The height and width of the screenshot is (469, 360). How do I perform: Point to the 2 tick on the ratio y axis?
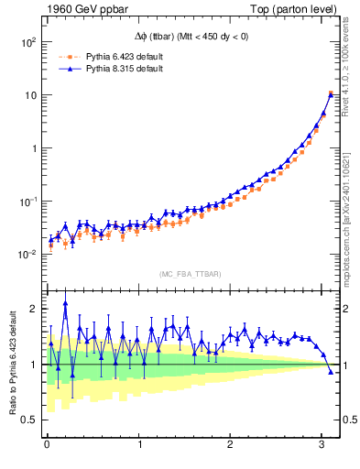pyautogui.click(x=32, y=309)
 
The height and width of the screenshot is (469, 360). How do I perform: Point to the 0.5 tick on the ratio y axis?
pyautogui.click(x=28, y=420)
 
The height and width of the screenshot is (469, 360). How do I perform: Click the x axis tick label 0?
pyautogui.click(x=46, y=446)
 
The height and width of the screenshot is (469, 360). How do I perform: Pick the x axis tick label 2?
pyautogui.click(x=231, y=446)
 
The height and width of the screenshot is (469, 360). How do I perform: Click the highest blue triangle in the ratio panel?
pyautogui.click(x=65, y=304)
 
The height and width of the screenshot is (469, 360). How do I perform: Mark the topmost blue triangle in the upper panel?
pyautogui.click(x=331, y=94)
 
